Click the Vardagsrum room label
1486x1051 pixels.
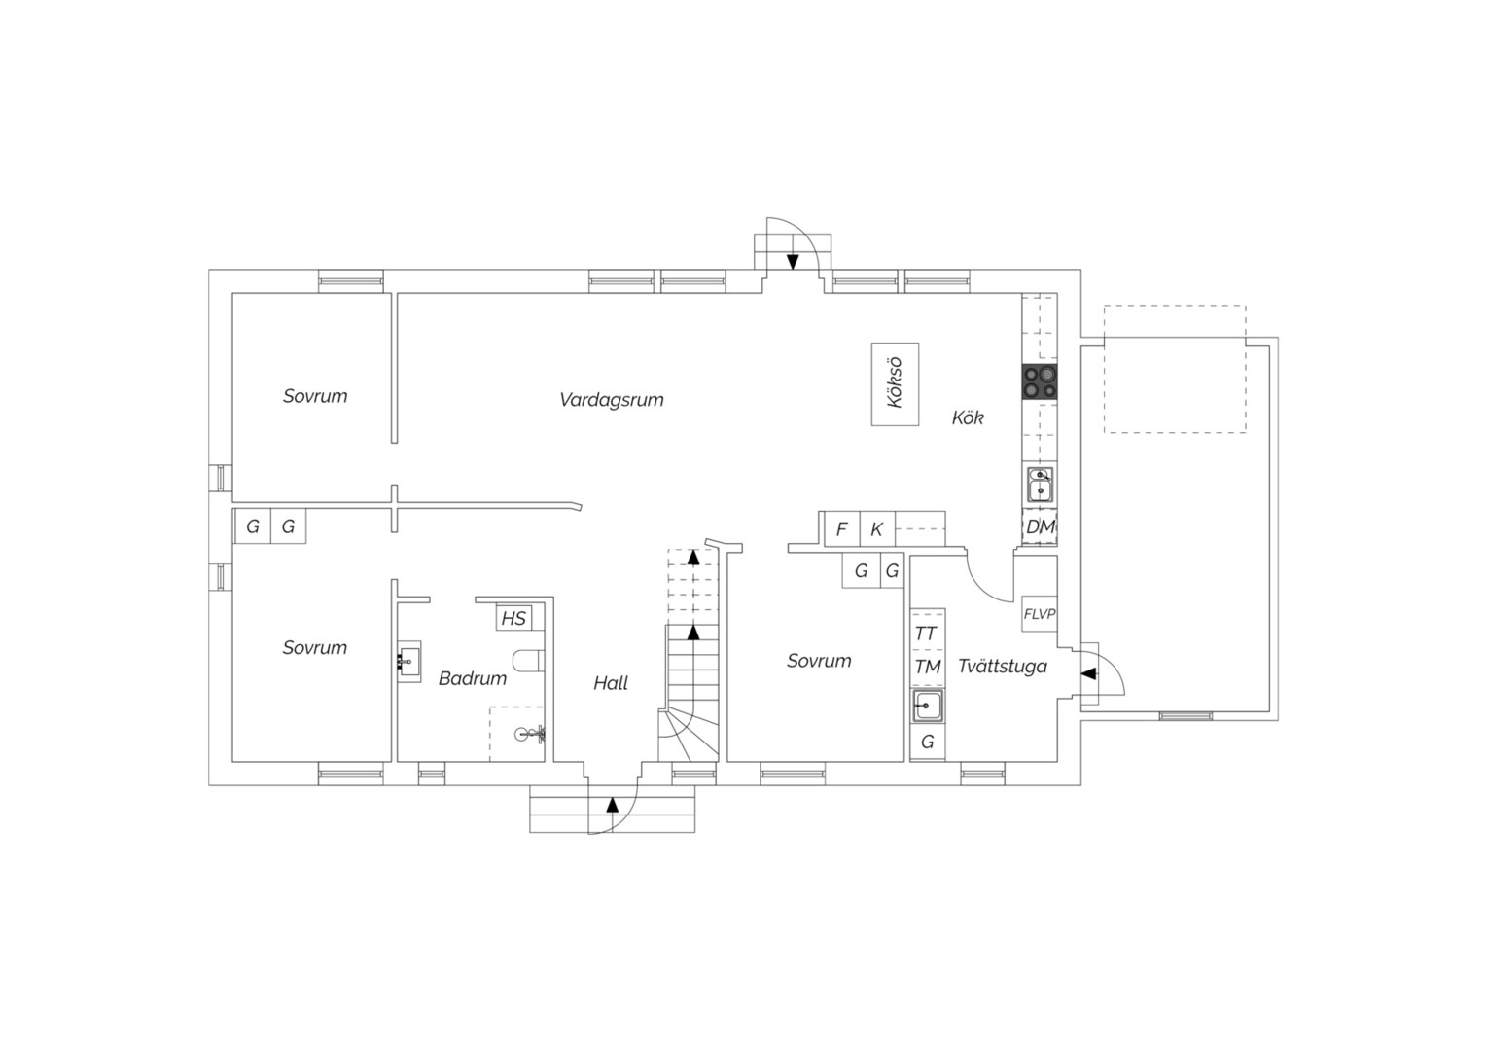(x=611, y=400)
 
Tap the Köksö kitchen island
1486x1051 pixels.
(x=895, y=383)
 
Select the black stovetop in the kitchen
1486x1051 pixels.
(x=1040, y=381)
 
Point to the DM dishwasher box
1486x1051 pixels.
(x=1040, y=527)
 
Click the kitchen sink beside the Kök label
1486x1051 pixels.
(x=1040, y=485)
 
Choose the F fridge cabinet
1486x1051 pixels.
(x=842, y=529)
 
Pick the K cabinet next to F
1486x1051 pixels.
(x=877, y=529)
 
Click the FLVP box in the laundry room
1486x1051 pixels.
(x=1039, y=614)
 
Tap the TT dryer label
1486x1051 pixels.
(x=926, y=634)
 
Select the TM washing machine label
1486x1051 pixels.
(x=928, y=667)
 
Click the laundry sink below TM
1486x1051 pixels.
(x=928, y=707)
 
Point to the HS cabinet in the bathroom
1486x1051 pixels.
(x=513, y=619)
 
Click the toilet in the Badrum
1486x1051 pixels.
(x=529, y=661)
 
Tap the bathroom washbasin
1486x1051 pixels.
(x=408, y=661)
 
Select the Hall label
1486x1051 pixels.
(x=611, y=683)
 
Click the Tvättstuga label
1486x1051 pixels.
(x=1003, y=667)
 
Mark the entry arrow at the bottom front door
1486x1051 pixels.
(x=613, y=805)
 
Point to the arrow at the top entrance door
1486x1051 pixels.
(x=792, y=262)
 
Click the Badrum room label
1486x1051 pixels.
(x=473, y=678)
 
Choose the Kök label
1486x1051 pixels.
(x=968, y=417)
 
